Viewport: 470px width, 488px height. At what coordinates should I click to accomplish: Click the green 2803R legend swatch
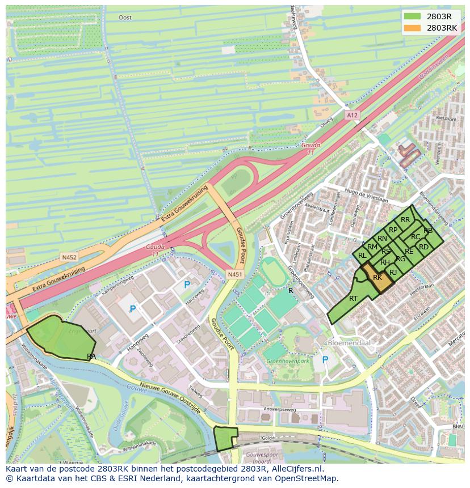(413, 16)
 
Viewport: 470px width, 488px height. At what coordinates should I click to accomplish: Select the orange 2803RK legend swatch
(413, 28)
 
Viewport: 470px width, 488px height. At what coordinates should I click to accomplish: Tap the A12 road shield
(352, 115)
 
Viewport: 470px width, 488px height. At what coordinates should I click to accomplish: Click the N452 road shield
(69, 257)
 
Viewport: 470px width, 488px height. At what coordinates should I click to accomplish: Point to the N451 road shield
(234, 274)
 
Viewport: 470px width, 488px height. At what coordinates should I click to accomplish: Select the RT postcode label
(353, 299)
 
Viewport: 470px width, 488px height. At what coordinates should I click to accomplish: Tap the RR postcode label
(405, 220)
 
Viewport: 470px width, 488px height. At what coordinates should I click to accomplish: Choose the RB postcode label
(428, 230)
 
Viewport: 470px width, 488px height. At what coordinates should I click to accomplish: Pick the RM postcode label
(372, 247)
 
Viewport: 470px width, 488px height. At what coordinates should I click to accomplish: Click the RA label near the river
(91, 356)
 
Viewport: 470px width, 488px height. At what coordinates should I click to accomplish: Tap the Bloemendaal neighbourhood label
(347, 343)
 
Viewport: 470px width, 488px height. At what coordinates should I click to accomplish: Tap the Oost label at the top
(125, 18)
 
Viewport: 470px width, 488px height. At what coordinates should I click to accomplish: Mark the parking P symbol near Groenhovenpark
(325, 360)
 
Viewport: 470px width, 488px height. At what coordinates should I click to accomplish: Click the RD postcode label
(423, 247)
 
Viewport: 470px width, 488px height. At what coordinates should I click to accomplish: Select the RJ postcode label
(393, 273)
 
